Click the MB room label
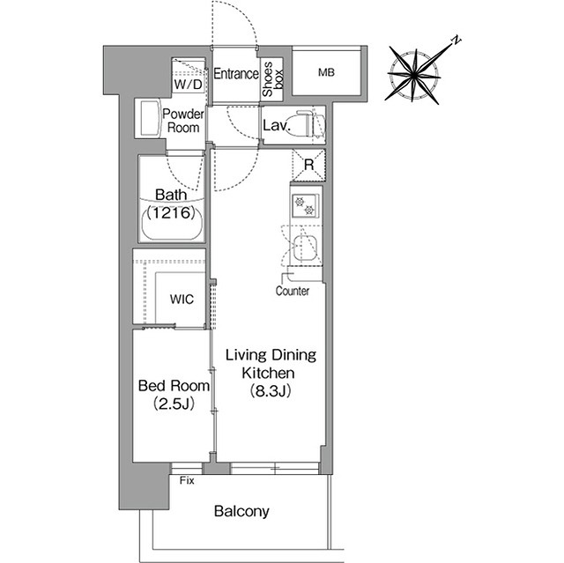(x=326, y=72)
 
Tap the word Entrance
(x=236, y=74)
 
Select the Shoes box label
(x=272, y=79)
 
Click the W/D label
(x=188, y=85)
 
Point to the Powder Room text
(x=183, y=121)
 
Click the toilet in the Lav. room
(x=310, y=123)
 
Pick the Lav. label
(x=276, y=125)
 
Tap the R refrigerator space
(x=308, y=165)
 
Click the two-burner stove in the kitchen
(x=305, y=206)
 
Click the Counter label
(x=293, y=291)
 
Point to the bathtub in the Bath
(x=172, y=223)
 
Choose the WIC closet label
(x=182, y=299)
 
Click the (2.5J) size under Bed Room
(x=174, y=404)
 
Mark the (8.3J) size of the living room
(x=271, y=391)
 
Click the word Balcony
(x=241, y=511)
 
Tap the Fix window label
(x=187, y=481)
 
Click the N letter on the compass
(x=456, y=40)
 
